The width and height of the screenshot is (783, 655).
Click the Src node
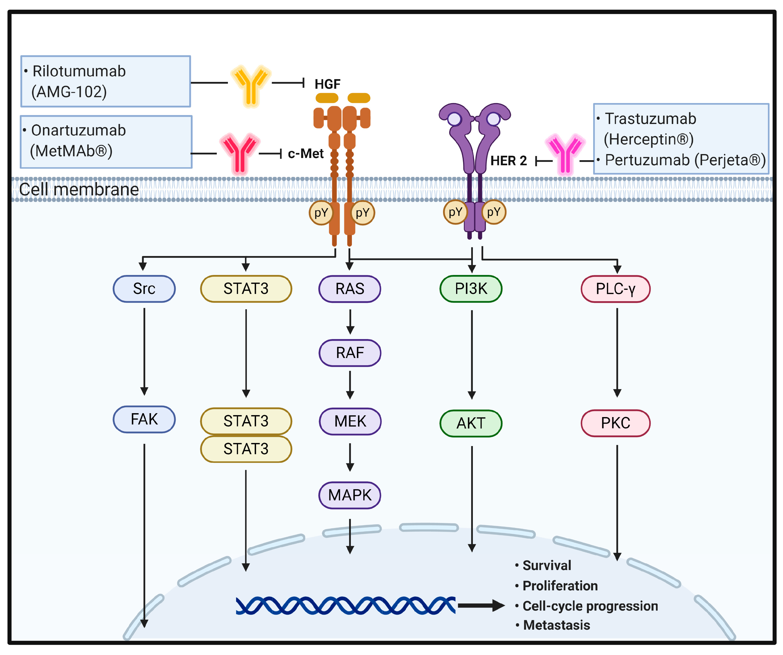click(144, 289)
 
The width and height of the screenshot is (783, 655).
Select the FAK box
click(144, 419)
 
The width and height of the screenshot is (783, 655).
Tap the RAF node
click(350, 353)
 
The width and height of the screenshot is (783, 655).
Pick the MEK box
click(350, 421)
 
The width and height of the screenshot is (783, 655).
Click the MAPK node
click(350, 495)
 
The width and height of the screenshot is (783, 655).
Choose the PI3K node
click(471, 289)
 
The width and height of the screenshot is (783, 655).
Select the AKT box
click(471, 423)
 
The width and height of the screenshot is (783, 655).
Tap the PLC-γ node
click(615, 289)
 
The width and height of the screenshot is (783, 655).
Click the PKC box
click(615, 423)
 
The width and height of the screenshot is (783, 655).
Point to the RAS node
click(350, 289)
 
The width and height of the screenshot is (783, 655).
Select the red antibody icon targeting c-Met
click(239, 154)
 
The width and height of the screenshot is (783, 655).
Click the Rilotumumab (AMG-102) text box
click(106, 81)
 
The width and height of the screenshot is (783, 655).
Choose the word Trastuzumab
click(650, 119)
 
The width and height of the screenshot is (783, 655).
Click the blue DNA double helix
click(345, 605)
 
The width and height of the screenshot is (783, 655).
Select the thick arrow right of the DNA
click(481, 605)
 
